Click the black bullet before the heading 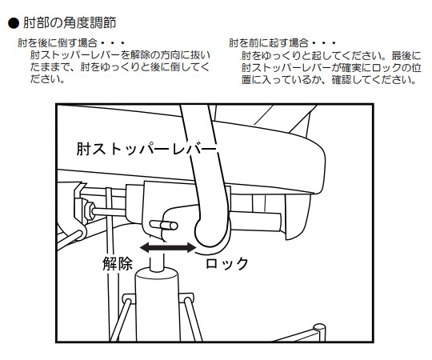(14, 23)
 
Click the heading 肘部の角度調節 (70, 23)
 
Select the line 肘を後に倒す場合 (58, 43)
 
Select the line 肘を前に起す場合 (269, 43)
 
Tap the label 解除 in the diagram (118, 263)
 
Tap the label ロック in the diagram (227, 263)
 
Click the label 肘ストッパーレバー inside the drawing (146, 149)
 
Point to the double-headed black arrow (168, 247)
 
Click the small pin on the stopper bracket (164, 226)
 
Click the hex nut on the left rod (89, 211)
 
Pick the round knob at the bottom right (319, 329)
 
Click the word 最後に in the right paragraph (406, 56)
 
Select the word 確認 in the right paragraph (342, 80)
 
